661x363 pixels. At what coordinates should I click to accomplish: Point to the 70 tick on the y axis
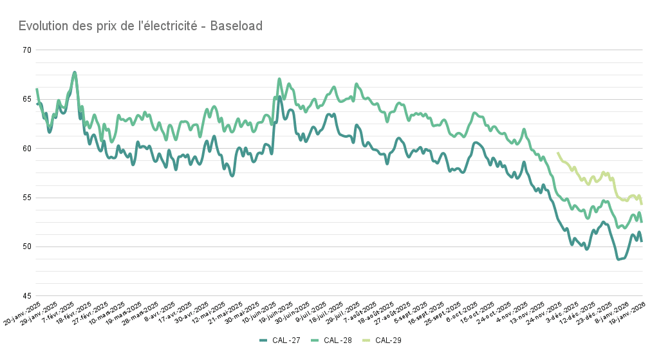click(x=27, y=50)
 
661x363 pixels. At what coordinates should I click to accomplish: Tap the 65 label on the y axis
click(x=27, y=99)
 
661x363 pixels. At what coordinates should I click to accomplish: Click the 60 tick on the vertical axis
click(x=27, y=149)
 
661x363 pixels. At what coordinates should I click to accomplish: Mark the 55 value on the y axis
click(x=27, y=198)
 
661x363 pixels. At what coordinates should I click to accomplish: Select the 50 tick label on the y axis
click(x=27, y=247)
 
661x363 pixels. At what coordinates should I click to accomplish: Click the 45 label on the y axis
click(x=27, y=296)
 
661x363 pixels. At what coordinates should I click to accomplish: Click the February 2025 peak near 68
click(x=75, y=73)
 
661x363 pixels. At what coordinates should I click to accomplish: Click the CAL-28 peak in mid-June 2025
click(x=279, y=79)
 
